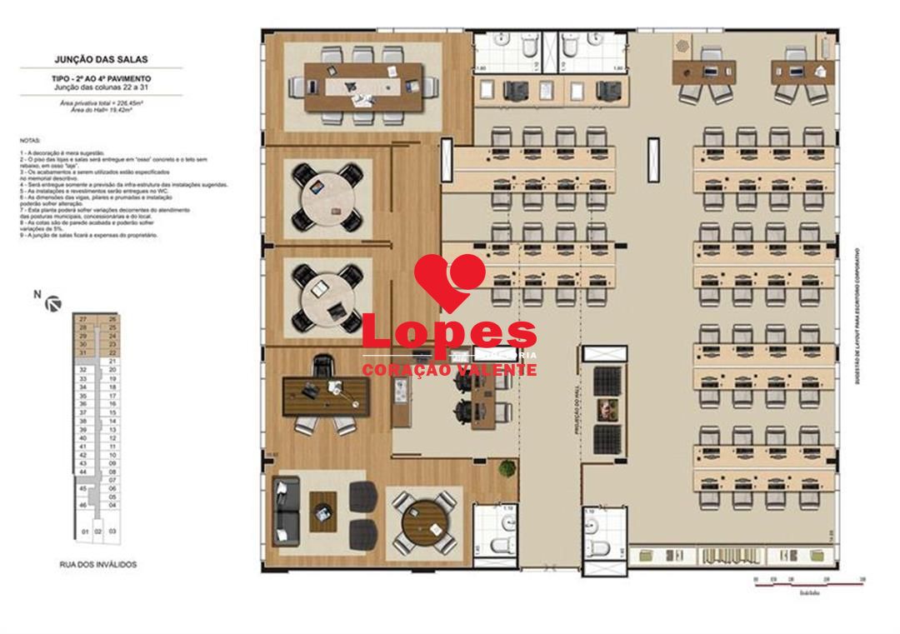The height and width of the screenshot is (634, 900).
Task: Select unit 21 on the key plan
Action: pos(112,361)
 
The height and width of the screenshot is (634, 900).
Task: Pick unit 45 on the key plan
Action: pos(83,488)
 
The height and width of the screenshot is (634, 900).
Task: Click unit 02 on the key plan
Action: pos(97,531)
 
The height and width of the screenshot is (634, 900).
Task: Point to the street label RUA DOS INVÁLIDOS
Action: pos(97,564)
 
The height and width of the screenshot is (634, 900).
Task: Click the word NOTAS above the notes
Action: pos(30,141)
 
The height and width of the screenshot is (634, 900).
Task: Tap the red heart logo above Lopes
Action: pos(449,282)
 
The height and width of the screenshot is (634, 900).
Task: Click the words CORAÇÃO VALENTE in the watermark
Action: pos(449,369)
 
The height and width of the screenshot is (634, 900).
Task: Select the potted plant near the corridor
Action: pos(506,469)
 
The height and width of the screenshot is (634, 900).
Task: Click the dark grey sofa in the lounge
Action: pos(286,510)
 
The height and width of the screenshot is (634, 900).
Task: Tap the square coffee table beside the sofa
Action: pos(322,510)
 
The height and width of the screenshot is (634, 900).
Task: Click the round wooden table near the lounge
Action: pos(426,522)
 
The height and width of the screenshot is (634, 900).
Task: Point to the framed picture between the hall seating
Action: pos(607,408)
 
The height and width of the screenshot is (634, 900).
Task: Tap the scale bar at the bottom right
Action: pos(807,584)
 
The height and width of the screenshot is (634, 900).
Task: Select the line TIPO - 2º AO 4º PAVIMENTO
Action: pos(101,78)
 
